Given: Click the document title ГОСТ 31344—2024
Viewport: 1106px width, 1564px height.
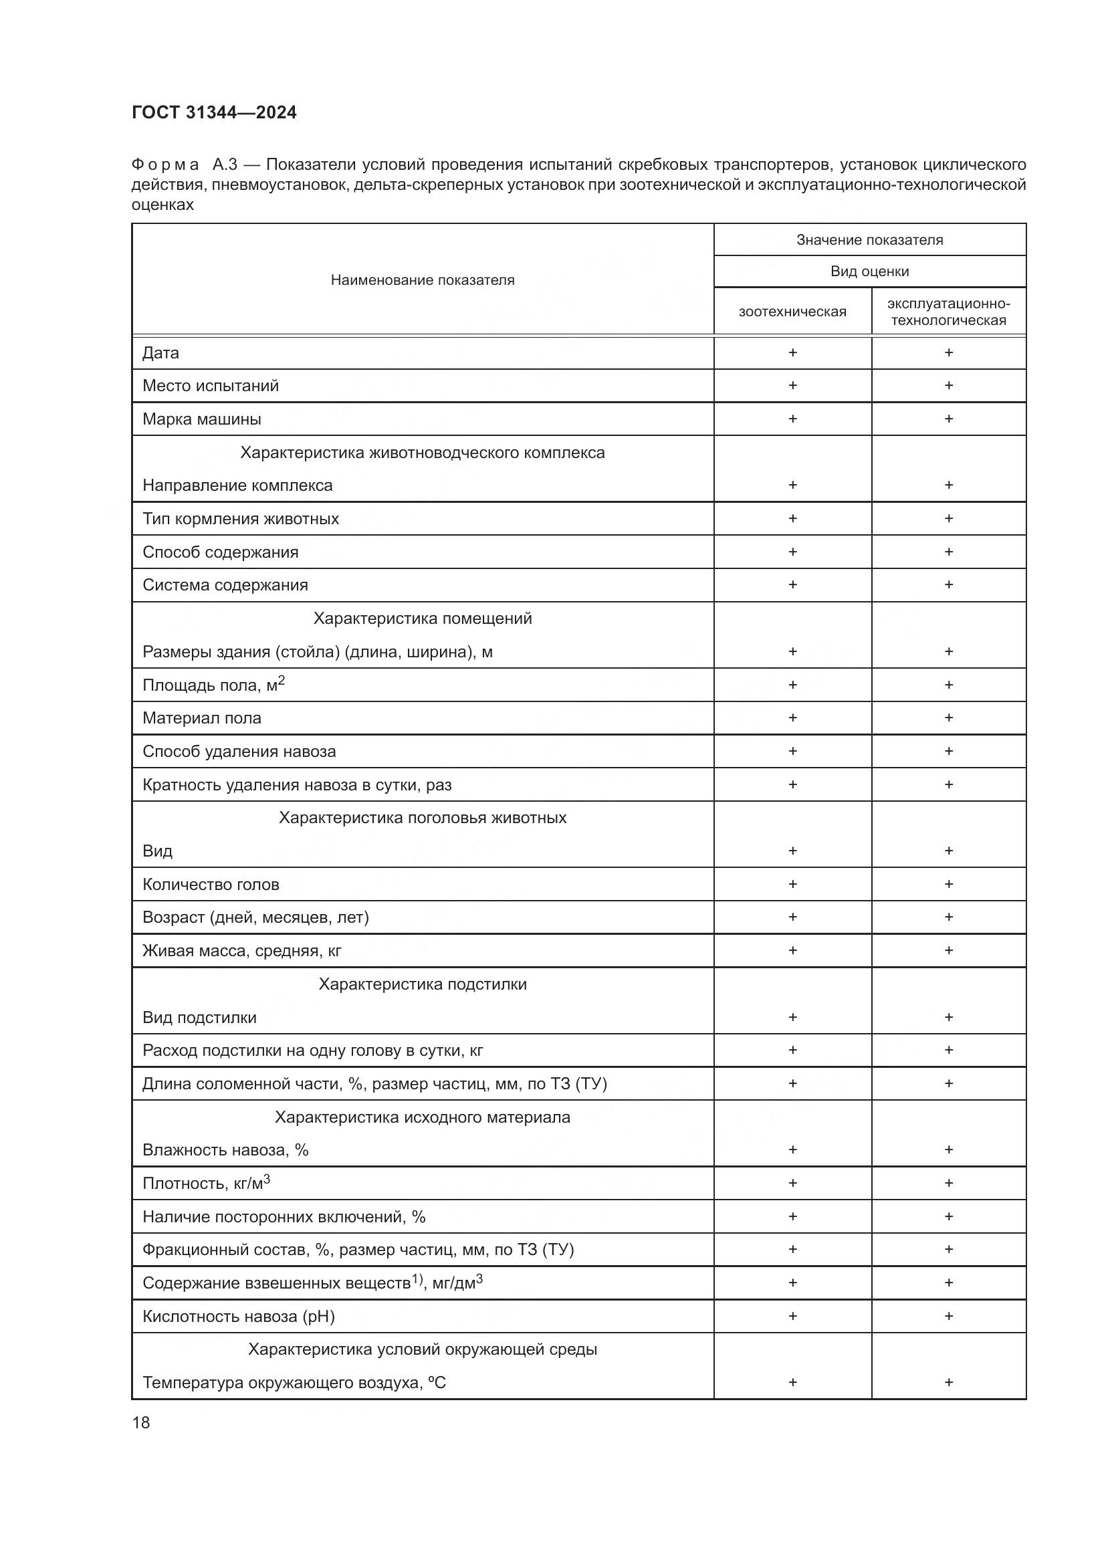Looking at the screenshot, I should tap(214, 112).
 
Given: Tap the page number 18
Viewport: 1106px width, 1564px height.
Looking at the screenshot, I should tap(141, 1422).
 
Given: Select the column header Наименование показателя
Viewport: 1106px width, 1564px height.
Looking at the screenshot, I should tap(422, 280).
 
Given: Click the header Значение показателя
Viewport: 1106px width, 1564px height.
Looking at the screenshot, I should tap(870, 240).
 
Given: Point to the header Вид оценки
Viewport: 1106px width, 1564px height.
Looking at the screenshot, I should tap(870, 271).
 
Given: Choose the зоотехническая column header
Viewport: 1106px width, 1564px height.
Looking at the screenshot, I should tap(792, 312).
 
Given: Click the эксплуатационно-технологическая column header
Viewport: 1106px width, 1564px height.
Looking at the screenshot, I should tap(949, 312).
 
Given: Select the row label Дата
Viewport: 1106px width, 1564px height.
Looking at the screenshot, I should tap(160, 353).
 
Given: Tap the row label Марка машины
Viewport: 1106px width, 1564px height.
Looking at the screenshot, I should tap(201, 419).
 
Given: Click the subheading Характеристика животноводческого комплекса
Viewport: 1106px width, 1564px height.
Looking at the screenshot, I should tap(422, 453).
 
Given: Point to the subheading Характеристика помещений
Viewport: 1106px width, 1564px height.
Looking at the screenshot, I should tap(422, 619).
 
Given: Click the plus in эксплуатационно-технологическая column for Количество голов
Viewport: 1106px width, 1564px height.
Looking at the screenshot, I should tap(949, 884).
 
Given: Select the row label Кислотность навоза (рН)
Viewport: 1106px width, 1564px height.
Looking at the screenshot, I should tap(238, 1316).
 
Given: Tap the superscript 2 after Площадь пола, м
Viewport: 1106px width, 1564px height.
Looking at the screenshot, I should tap(282, 681).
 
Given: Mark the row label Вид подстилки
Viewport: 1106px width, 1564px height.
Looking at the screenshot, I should tap(199, 1018).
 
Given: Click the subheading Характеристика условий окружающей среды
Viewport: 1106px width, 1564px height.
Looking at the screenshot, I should tap(422, 1349).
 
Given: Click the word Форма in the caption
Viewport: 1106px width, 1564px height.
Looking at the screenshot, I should tap(164, 165).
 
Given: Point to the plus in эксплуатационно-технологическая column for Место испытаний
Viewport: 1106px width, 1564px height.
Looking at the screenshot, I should tap(949, 386).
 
